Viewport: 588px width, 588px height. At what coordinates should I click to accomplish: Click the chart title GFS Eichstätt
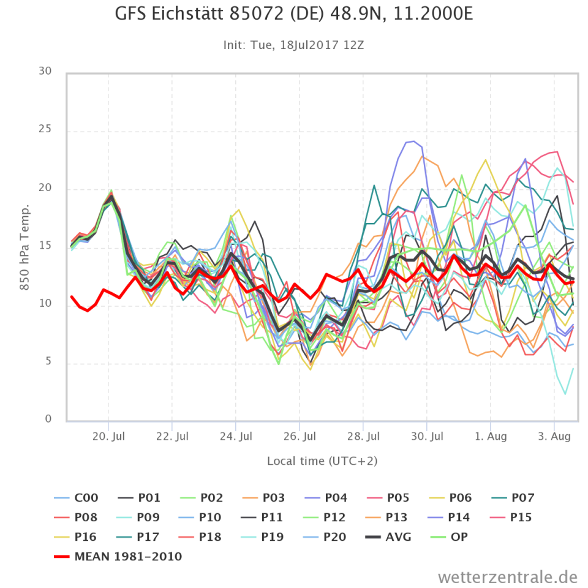pos(294,14)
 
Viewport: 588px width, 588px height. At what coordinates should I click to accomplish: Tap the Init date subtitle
pos(294,45)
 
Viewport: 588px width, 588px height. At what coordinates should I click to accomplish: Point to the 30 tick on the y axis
pos(45,72)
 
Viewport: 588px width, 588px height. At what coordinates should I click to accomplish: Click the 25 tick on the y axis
pos(45,130)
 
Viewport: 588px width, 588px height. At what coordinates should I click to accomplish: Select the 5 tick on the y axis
pos(48,363)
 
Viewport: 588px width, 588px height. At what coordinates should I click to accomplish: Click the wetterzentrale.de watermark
pos(508,576)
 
